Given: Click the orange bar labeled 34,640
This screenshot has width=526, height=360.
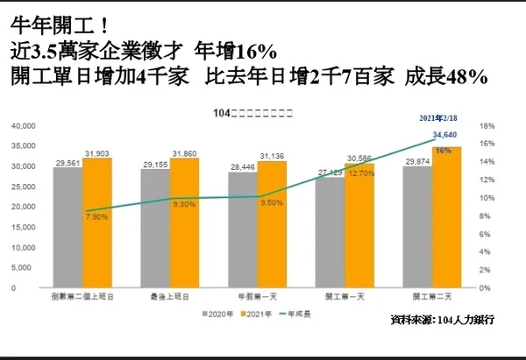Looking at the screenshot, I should [x=448, y=219].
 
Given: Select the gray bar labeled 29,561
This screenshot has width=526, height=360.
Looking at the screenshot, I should [x=68, y=228].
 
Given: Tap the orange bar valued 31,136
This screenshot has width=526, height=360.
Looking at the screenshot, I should [x=272, y=224].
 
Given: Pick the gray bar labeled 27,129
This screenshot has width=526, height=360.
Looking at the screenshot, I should [x=330, y=232].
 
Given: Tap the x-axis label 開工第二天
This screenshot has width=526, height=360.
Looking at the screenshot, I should [x=433, y=298].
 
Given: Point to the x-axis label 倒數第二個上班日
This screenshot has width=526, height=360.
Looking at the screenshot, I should [x=82, y=298].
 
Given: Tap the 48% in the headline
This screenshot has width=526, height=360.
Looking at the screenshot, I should [x=468, y=76].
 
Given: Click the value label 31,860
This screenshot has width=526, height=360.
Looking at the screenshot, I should [x=185, y=154].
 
